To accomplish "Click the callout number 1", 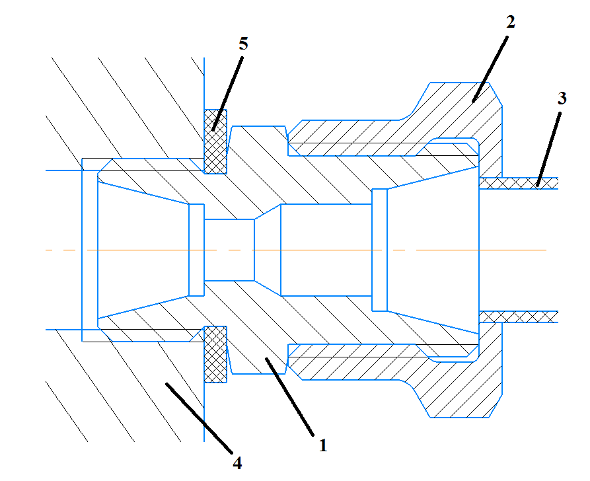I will tap(322, 446).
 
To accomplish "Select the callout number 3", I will tap(561, 98).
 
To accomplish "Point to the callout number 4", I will tap(237, 462).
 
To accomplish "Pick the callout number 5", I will tap(243, 44).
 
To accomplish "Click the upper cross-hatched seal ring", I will tap(215, 141).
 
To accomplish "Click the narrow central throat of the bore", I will tap(229, 249).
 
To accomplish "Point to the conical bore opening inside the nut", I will tap(429, 250).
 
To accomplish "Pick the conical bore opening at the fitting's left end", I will tap(142, 250).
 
